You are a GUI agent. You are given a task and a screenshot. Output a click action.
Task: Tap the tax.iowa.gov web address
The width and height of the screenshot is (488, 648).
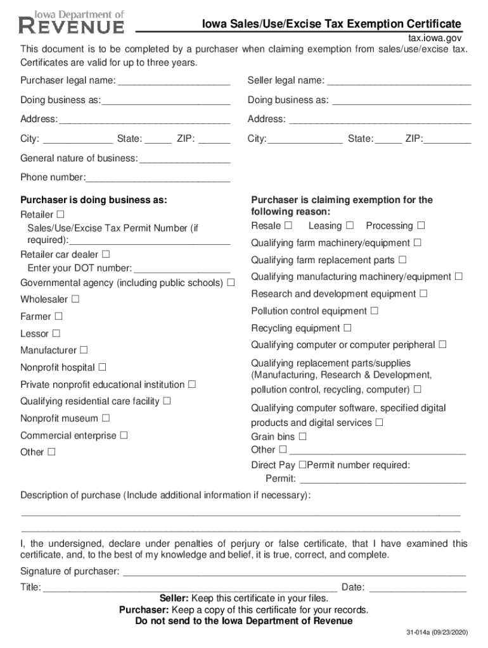[x=434, y=39]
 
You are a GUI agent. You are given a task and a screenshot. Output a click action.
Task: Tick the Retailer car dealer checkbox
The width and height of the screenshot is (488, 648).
[x=106, y=254]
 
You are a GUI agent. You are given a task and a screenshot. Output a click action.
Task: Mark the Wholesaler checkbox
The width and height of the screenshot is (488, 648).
[x=75, y=298]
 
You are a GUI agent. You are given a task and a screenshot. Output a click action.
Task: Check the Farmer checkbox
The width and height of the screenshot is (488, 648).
[x=59, y=315]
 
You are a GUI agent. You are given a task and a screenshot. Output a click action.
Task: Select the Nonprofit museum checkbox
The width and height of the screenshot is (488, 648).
[x=106, y=418]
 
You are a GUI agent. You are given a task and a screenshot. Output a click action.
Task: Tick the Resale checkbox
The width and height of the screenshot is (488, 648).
[x=288, y=225]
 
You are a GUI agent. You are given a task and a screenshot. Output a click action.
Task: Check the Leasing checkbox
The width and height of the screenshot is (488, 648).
[x=350, y=225]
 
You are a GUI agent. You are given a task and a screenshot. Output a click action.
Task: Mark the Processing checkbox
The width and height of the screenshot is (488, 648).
[x=421, y=225]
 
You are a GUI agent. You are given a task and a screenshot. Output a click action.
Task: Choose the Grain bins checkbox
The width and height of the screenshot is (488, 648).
[x=302, y=436]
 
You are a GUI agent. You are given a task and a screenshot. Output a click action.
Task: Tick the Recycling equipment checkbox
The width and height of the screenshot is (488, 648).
[x=347, y=328]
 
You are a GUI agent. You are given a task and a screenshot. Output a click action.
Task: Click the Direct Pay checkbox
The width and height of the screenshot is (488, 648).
[x=302, y=465]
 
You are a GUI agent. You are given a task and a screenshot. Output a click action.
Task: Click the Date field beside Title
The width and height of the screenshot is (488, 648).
[x=418, y=588]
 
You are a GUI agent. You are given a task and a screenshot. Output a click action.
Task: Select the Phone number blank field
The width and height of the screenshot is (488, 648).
[x=158, y=178]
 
